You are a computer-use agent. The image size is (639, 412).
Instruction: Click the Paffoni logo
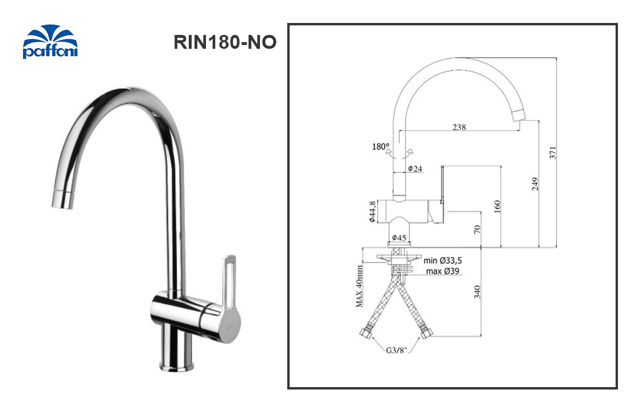coord(50,42)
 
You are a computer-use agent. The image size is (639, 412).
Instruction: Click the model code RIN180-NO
coord(225,43)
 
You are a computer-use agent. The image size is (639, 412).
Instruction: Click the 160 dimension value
coord(497,207)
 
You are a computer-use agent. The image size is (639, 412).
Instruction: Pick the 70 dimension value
coord(477,229)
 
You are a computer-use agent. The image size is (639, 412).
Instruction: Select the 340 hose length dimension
coord(477,291)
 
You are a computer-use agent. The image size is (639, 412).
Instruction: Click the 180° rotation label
coord(381,146)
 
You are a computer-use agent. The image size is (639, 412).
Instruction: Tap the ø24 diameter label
coord(416,168)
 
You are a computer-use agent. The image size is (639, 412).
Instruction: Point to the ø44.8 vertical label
coord(372,212)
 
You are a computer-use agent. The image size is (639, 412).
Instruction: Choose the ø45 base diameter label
coord(399,238)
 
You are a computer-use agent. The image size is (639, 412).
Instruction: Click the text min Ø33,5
coord(443,261)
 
